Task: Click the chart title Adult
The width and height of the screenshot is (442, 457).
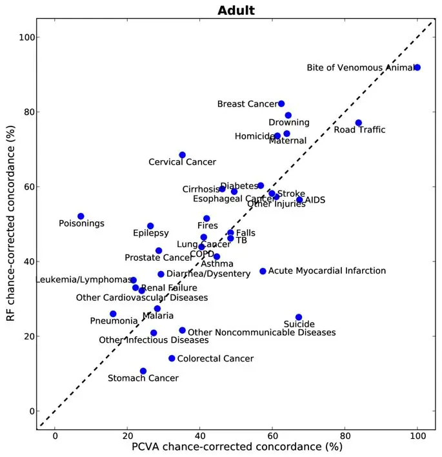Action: [236, 10]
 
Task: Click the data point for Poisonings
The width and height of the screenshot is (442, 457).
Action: [81, 216]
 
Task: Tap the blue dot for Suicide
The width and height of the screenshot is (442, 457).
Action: [299, 318]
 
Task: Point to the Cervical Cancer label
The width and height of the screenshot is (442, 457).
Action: [182, 162]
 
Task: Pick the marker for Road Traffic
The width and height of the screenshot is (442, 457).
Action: [359, 123]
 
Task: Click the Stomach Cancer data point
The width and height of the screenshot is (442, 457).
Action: [143, 371]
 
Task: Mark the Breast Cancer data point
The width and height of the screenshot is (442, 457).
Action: [281, 103]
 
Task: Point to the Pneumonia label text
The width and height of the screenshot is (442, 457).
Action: [114, 320]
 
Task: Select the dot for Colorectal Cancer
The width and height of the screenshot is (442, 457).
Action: [172, 358]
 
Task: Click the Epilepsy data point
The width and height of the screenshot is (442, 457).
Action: [150, 226]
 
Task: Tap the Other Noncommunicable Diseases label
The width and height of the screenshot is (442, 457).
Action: [261, 332]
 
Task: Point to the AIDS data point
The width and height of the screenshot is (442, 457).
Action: [299, 200]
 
